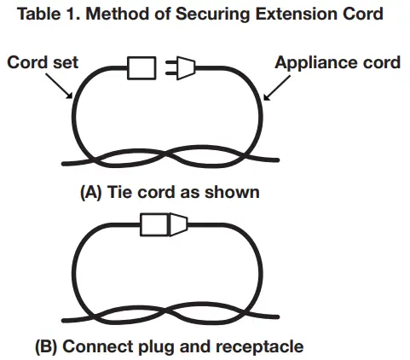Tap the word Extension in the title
click(294, 14)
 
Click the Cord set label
click(43, 62)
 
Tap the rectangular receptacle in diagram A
click(141, 68)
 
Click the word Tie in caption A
click(118, 192)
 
